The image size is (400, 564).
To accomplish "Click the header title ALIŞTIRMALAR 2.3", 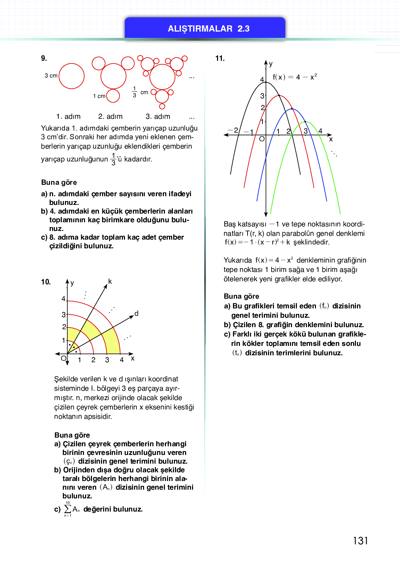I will (x=208, y=29).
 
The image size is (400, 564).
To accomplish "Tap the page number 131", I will (x=360, y=541).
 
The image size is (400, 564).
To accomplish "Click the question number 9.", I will (x=44, y=58).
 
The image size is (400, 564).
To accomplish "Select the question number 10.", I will (x=46, y=282).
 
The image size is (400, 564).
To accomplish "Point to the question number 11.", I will (x=220, y=58).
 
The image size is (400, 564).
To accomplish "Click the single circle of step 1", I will (x=72, y=76).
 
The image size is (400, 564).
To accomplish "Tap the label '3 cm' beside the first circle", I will (x=51, y=76).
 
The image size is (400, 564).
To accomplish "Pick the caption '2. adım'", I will (x=110, y=117).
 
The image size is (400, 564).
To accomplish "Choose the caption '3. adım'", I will (x=158, y=117).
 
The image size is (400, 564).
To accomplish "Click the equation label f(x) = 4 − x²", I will (x=294, y=77).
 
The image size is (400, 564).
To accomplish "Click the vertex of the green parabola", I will (x=306, y=122).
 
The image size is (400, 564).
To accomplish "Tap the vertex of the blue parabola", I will (x=292, y=109).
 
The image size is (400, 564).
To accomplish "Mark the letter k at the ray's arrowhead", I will (x=110, y=281).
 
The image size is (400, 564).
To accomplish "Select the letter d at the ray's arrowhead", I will (x=136, y=314).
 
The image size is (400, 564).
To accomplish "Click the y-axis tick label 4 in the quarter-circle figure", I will (x=64, y=299).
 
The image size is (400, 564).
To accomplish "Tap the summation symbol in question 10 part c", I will (x=68, y=509).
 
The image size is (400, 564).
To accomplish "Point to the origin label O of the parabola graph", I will (x=262, y=139).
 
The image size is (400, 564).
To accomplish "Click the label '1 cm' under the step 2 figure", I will (x=99, y=96).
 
